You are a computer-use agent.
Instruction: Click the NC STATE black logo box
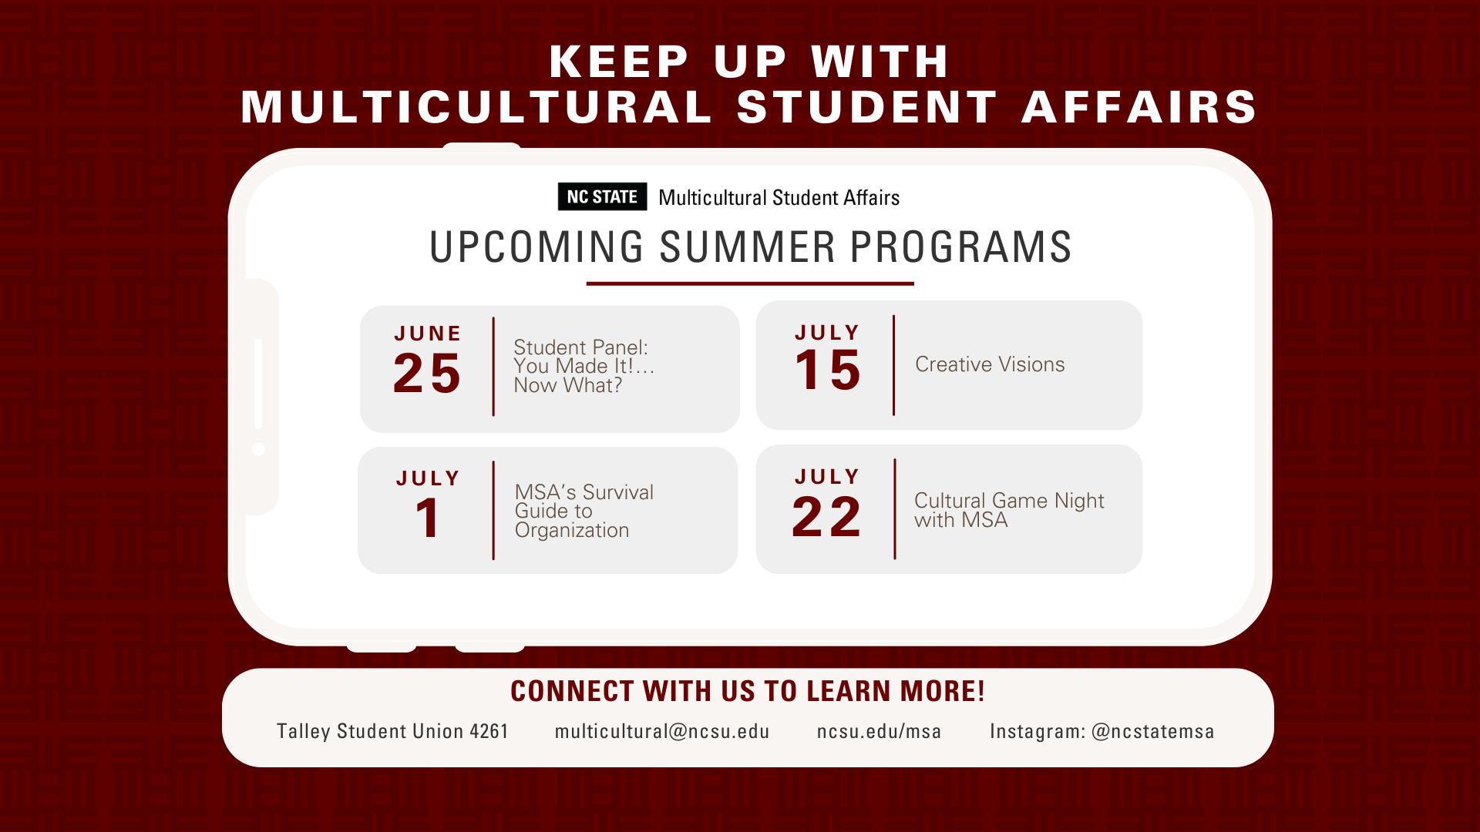[x=602, y=197]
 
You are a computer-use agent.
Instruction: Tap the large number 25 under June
[x=427, y=374]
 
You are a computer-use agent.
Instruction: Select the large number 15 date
[x=827, y=371]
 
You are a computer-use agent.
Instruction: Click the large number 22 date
[x=826, y=516]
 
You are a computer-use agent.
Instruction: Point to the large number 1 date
[x=428, y=518]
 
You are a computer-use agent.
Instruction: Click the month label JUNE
[x=428, y=334]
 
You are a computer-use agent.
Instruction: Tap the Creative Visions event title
[x=990, y=364]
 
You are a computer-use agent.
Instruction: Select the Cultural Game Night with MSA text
[x=1009, y=510]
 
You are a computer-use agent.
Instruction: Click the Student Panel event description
[x=584, y=367]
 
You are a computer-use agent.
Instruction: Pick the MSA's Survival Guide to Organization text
[x=584, y=512]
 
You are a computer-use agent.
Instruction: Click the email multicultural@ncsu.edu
[x=662, y=731]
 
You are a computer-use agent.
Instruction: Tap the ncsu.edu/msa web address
[x=879, y=731]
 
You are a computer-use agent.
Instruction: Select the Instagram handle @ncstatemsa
[x=1152, y=731]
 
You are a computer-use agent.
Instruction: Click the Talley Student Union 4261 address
[x=392, y=731]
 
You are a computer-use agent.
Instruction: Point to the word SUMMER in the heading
[x=748, y=247]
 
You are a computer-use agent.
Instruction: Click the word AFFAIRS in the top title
[x=1139, y=107]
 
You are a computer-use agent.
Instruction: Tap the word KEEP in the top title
[x=619, y=62]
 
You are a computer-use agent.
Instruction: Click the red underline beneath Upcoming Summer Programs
[x=750, y=283]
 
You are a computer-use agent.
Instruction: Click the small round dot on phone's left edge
[x=258, y=449]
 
